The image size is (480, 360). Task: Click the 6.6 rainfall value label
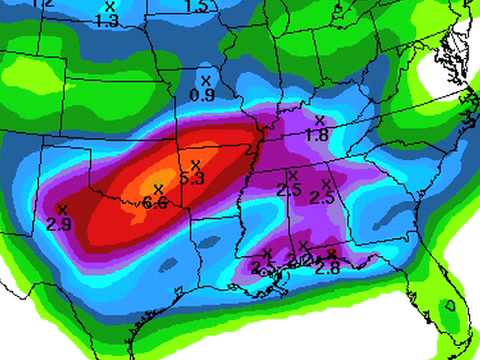click(155, 203)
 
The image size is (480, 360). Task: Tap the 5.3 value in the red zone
click(193, 178)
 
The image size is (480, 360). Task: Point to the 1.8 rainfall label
click(317, 135)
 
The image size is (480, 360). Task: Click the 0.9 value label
click(203, 95)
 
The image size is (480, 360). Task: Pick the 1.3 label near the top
click(110, 20)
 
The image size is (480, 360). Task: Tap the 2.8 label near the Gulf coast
click(327, 267)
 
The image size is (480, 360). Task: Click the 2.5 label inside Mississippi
click(289, 190)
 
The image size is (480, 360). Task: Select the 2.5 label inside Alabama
click(322, 198)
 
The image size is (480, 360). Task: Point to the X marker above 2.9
click(62, 208)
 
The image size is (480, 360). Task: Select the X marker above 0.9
click(206, 80)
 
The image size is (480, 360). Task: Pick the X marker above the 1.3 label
click(110, 6)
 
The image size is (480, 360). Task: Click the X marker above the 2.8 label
click(330, 253)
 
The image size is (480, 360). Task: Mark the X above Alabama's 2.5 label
click(326, 184)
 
